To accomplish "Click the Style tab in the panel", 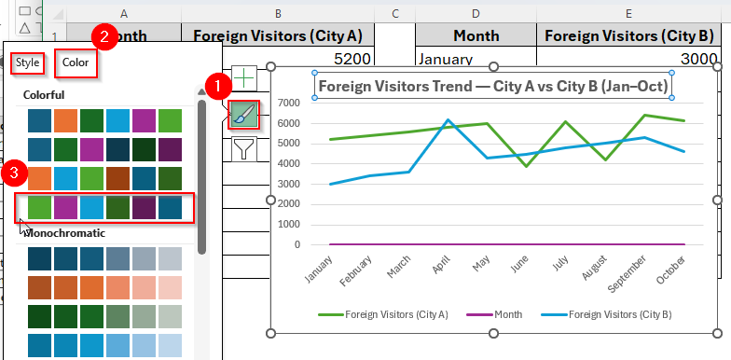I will (x=26, y=63).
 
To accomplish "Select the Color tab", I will (x=76, y=63).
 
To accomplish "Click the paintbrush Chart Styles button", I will (x=242, y=114).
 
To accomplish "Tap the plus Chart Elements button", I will (x=242, y=78).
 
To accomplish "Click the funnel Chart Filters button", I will (x=242, y=148).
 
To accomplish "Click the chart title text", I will (x=493, y=86).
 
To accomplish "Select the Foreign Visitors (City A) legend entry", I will (x=395, y=315).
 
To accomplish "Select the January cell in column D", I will (x=476, y=60).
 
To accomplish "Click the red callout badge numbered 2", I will (x=105, y=36).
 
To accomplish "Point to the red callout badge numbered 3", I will (x=13, y=172).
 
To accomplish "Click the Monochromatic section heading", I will (x=64, y=232).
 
